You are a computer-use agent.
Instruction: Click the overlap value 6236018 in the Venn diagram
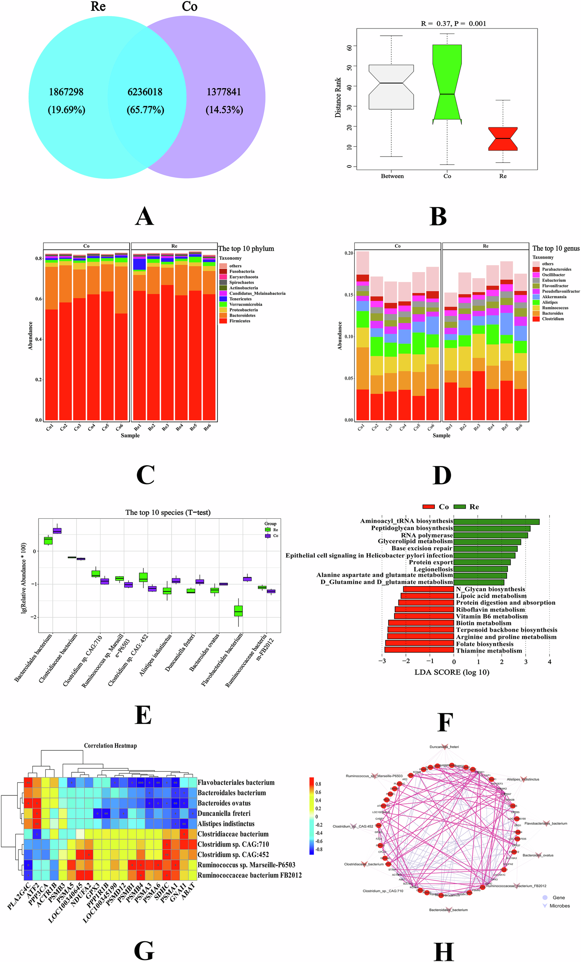[x=145, y=92]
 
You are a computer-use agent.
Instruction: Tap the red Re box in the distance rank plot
[x=503, y=139]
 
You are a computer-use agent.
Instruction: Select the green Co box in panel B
[x=447, y=82]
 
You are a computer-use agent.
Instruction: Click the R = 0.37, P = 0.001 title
[x=453, y=24]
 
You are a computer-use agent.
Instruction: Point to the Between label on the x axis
[x=392, y=177]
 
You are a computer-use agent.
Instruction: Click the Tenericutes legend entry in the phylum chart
[x=240, y=299]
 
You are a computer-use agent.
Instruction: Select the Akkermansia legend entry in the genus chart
[x=554, y=297]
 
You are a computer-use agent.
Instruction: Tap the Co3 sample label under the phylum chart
[x=77, y=428]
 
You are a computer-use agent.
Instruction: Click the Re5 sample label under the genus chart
[x=504, y=428]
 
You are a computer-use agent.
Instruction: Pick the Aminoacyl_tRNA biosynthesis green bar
[x=496, y=522]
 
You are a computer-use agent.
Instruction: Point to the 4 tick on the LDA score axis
[x=549, y=662]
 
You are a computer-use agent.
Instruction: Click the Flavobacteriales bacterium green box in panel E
[x=238, y=611]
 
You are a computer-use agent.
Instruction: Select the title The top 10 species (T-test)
[x=168, y=513]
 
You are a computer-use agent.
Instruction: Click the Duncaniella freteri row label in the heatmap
[x=224, y=813]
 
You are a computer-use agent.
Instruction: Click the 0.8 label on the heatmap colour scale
[x=318, y=784]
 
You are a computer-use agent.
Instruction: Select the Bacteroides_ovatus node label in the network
[x=538, y=855]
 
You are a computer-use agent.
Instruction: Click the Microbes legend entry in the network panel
[x=559, y=906]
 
